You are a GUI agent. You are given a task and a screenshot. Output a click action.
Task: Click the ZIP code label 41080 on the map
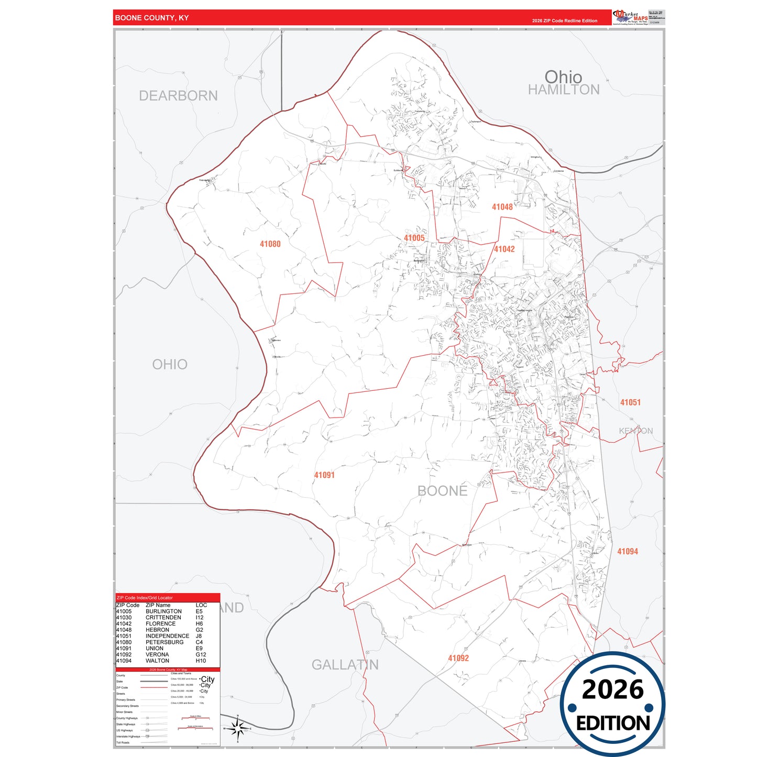coord(270,244)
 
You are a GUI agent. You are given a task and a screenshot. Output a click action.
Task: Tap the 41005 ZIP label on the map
coord(414,238)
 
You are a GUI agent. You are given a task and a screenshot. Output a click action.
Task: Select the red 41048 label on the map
coord(502,207)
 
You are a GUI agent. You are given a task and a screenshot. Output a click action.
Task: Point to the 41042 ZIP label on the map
coord(504,249)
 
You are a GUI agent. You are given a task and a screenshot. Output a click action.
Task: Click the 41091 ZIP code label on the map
coord(324,475)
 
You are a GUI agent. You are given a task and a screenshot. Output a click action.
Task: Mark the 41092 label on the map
coord(458,658)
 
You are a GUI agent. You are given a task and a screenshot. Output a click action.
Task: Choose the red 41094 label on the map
coord(627,551)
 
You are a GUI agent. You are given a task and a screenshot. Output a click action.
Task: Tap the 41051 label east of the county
coord(630,402)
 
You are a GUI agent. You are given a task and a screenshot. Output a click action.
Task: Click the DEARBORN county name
coord(178,96)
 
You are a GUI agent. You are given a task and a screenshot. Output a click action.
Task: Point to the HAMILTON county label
coord(564,90)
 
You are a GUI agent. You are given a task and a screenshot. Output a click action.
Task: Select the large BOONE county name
coord(442,491)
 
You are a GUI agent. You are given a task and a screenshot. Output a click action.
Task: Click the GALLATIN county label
coord(345,665)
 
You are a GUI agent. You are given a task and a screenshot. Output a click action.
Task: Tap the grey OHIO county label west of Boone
coord(170,365)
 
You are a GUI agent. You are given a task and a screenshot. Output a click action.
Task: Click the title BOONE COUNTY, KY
coord(152,18)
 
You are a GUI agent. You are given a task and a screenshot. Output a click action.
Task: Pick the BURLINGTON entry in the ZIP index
coord(163,611)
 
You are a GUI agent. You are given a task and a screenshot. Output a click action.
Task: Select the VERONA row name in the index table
coord(157,654)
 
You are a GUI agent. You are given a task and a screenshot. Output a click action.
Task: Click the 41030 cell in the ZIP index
coord(124,618)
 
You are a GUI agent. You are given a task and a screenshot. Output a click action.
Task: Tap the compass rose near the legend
coord(237,728)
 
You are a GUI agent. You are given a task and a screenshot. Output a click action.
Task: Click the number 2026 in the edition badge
coord(612,689)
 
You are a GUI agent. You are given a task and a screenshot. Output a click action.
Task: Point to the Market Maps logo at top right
coord(630,17)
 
